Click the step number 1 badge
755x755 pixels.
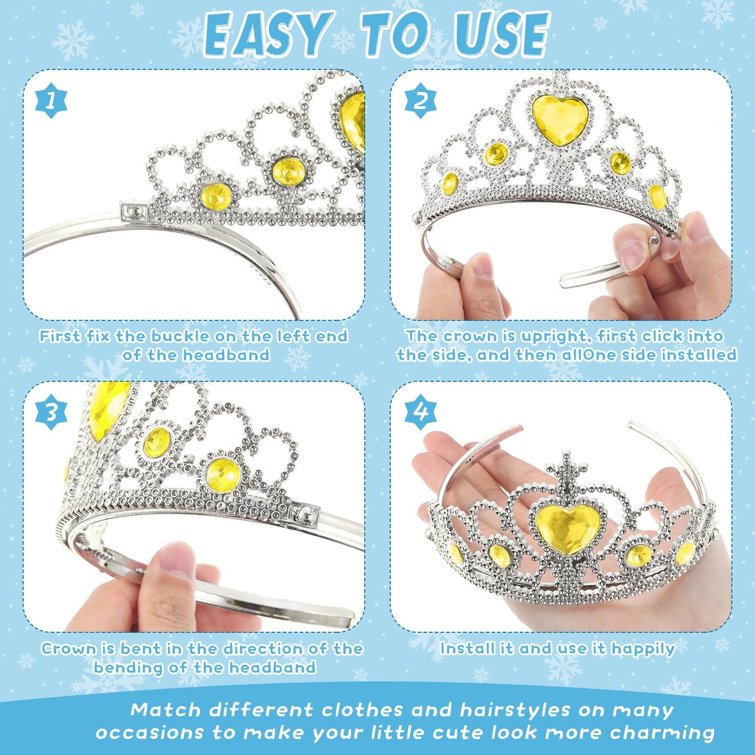tap(51, 101)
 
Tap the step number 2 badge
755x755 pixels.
tap(420, 101)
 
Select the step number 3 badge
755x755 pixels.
tap(51, 412)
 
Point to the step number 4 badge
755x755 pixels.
tap(420, 412)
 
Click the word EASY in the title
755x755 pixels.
tap(269, 35)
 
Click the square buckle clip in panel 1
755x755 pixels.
tap(134, 211)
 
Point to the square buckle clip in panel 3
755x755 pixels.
tap(304, 515)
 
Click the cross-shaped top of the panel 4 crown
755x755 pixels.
tap(566, 467)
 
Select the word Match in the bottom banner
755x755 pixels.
tap(166, 710)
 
